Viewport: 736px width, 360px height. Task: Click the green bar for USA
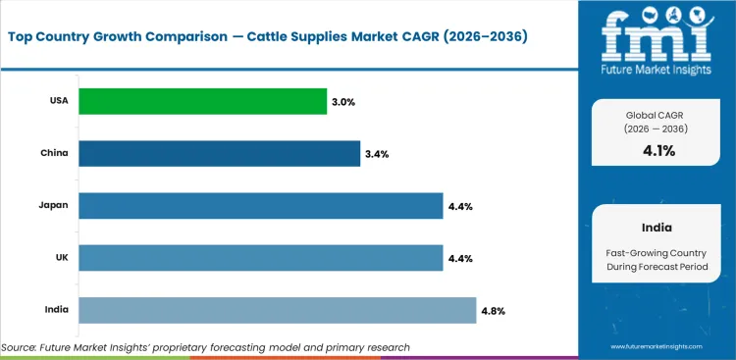tap(202, 101)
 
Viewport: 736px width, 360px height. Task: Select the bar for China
tap(219, 153)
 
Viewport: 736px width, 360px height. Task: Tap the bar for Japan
tap(260, 206)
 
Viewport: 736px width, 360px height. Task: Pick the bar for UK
tap(260, 258)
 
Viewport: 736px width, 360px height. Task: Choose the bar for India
tap(277, 310)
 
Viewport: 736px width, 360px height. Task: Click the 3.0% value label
tap(345, 101)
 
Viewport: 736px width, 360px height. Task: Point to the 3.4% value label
tap(378, 154)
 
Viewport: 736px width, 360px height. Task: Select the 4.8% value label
tap(494, 311)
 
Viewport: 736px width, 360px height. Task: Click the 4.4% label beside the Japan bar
tap(460, 206)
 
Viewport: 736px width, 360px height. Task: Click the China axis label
tap(53, 154)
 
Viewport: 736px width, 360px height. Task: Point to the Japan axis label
tap(53, 206)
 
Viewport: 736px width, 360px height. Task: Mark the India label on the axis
tap(55, 310)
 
